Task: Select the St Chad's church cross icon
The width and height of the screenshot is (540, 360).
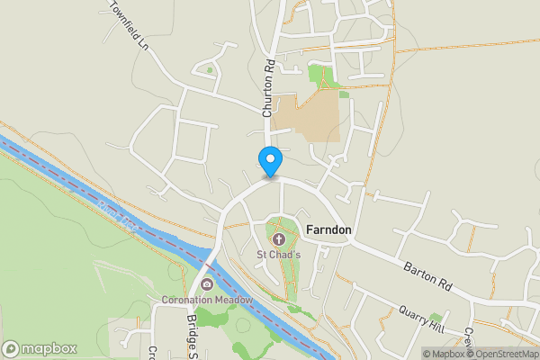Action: [278, 239]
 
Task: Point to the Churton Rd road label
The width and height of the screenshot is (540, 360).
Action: [267, 89]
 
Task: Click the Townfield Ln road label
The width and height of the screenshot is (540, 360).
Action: [129, 22]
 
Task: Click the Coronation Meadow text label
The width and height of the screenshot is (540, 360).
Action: [207, 300]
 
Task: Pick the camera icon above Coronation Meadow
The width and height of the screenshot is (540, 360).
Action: [207, 285]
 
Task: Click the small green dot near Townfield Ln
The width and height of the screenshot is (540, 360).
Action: [210, 69]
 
